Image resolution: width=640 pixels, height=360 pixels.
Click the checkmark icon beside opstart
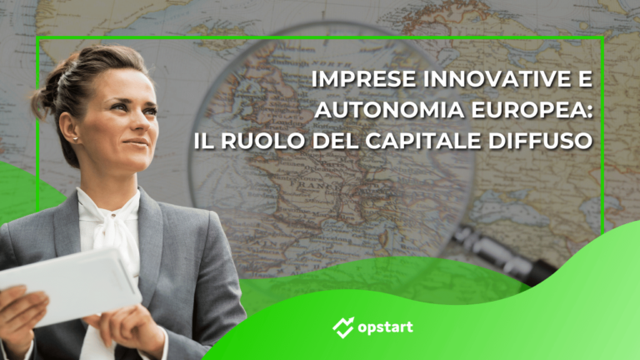tap(342, 327)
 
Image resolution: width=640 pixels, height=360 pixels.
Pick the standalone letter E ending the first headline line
tap(584, 82)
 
